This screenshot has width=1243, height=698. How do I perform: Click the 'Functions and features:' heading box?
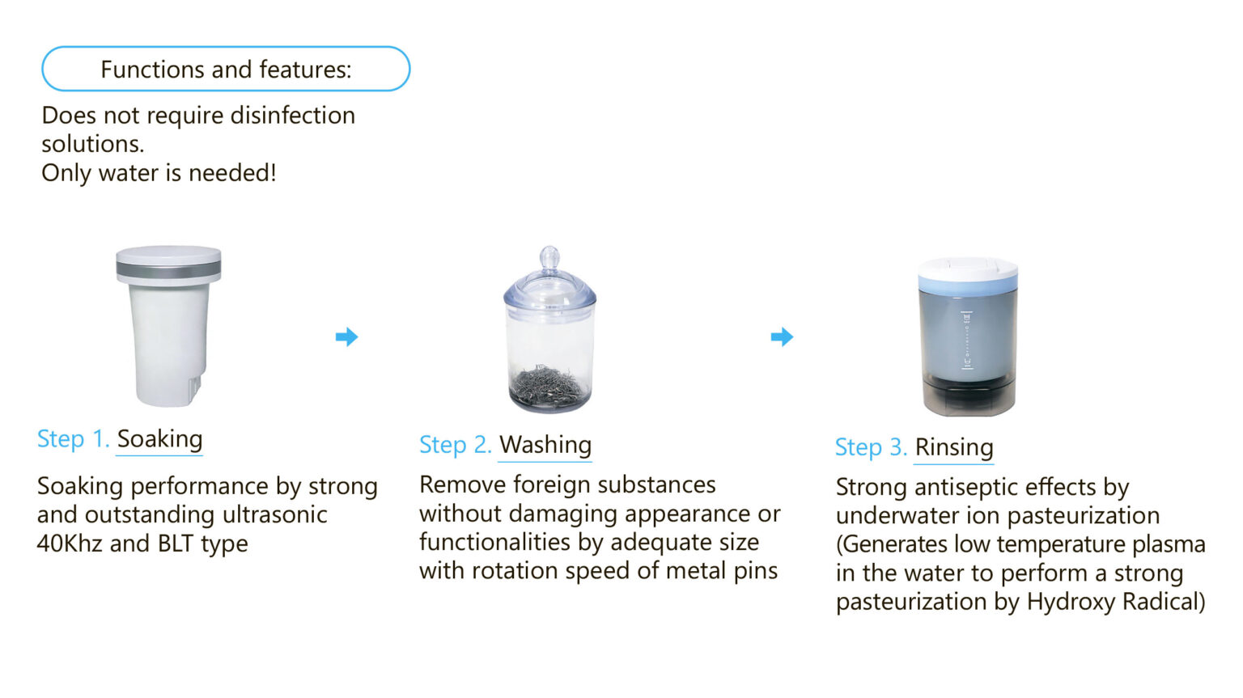(226, 69)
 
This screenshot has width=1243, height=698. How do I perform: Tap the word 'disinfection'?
(292, 116)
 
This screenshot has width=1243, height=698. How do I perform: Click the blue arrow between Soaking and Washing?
(347, 336)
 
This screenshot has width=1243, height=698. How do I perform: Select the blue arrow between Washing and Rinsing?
(782, 336)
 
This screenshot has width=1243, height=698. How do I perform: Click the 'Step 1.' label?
(74, 439)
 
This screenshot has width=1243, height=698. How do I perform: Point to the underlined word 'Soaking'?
(159, 439)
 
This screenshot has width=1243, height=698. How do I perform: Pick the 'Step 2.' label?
(456, 445)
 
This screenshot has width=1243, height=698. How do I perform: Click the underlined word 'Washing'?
(545, 445)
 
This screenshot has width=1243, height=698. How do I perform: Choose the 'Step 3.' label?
(872, 447)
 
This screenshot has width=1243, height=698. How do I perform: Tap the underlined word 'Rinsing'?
(954, 447)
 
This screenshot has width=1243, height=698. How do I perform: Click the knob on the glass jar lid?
(549, 258)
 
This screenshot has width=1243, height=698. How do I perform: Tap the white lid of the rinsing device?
(968, 269)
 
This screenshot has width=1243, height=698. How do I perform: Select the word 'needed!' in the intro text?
(232, 173)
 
